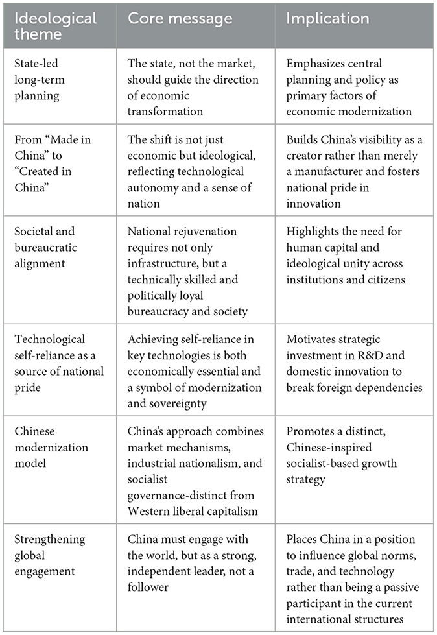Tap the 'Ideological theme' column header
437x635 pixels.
[x=53, y=27]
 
